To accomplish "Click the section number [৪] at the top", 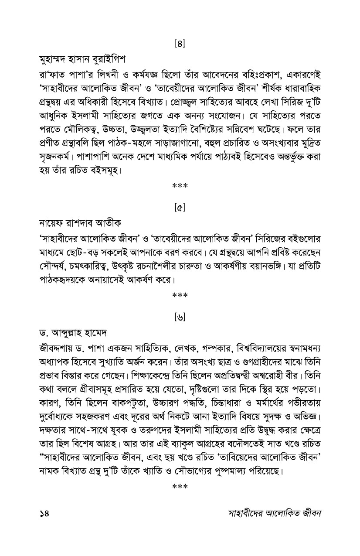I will pyautogui.click(x=180, y=44).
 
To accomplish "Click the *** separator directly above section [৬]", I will pyautogui.click(x=180, y=296).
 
